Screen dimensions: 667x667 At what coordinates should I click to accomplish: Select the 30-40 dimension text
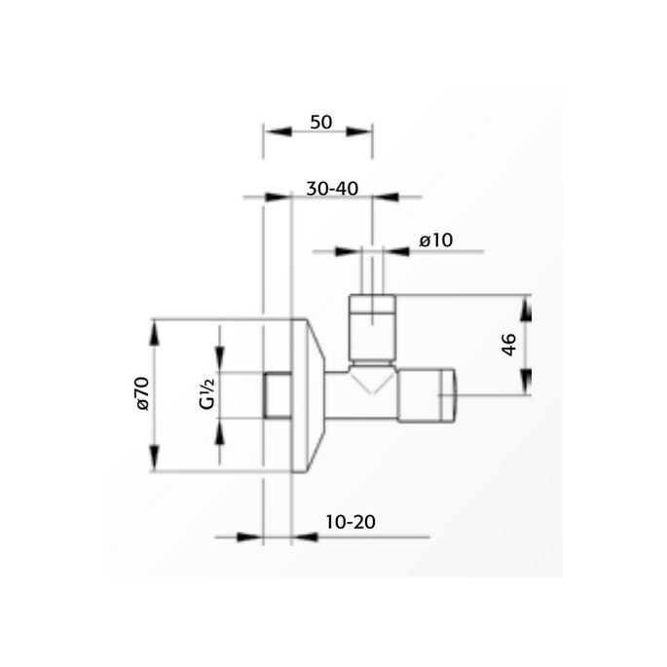(x=332, y=190)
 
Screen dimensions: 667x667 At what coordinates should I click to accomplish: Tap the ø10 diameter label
(x=438, y=240)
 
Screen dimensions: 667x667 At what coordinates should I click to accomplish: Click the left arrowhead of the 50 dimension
(x=274, y=133)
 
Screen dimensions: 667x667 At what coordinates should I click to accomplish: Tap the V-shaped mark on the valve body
(x=371, y=379)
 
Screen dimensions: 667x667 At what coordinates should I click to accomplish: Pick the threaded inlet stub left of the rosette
(x=278, y=395)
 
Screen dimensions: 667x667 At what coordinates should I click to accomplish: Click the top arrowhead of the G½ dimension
(x=219, y=357)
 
